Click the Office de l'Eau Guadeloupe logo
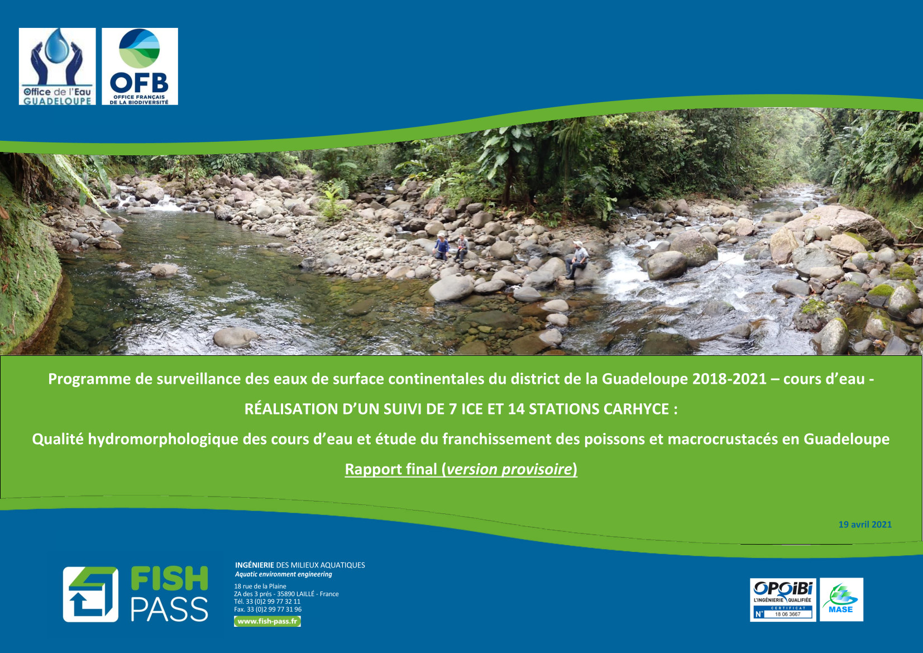(58, 66)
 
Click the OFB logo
(140, 66)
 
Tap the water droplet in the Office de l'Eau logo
(57, 46)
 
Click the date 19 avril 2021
(865, 525)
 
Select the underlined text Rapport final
(391, 469)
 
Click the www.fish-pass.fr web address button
(267, 621)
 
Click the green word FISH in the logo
(169, 578)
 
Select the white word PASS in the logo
(169, 609)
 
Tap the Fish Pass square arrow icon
(90, 594)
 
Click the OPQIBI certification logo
(783, 599)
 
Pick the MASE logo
(841, 599)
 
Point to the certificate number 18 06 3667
(788, 614)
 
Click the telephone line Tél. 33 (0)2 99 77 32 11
(267, 602)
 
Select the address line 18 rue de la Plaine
(260, 586)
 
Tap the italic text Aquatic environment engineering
(284, 574)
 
